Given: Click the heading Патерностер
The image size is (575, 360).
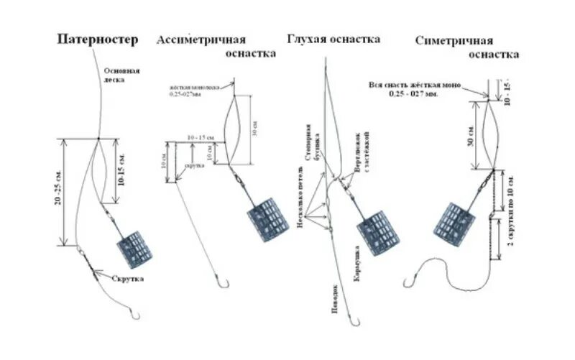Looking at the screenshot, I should pyautogui.click(x=97, y=40).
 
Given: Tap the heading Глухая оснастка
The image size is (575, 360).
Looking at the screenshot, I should pyautogui.click(x=333, y=39).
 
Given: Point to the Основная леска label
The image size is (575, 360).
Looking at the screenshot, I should pyautogui.click(x=121, y=75).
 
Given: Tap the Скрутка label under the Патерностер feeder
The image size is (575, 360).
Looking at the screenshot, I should pyautogui.click(x=127, y=278).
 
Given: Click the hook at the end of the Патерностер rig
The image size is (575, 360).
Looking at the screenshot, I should pyautogui.click(x=136, y=314).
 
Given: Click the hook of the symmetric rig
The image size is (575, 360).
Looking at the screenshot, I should pyautogui.click(x=411, y=276).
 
